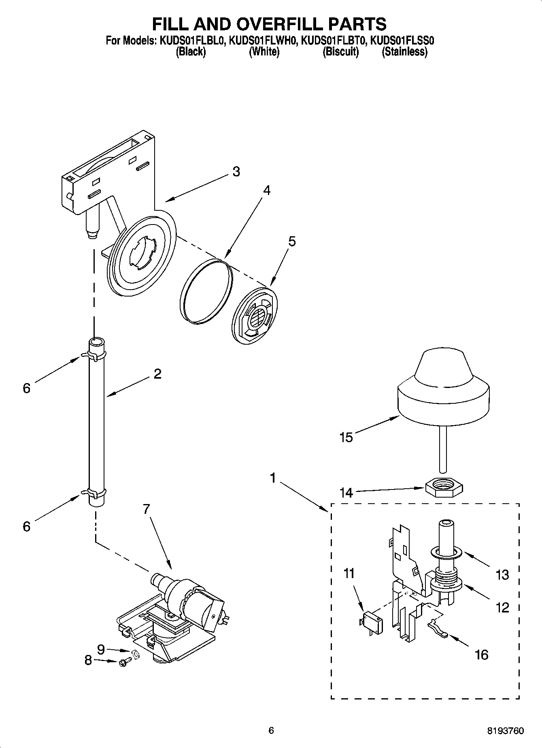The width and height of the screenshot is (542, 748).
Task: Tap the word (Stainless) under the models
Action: [x=404, y=52]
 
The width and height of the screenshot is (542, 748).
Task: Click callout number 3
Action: [x=236, y=172]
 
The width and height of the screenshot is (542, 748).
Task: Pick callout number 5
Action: [x=292, y=242]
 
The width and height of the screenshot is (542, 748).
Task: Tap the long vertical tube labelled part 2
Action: [x=96, y=421]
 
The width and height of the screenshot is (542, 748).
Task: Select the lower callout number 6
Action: [x=26, y=526]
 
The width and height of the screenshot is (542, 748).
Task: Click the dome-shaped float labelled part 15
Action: [x=443, y=388]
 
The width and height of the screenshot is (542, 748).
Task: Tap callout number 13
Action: [x=502, y=574]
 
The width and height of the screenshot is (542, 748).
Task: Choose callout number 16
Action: [x=482, y=655]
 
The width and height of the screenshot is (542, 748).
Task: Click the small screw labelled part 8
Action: [x=124, y=663]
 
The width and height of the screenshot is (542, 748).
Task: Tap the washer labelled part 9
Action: [x=136, y=653]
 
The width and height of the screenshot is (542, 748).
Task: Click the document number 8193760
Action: [x=506, y=731]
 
